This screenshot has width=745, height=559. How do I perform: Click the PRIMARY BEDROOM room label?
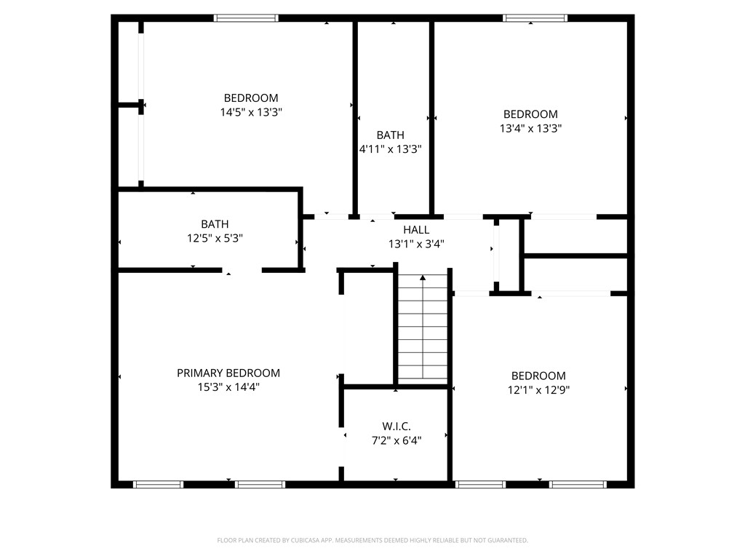tap(228, 373)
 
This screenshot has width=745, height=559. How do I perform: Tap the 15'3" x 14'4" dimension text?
tap(228, 387)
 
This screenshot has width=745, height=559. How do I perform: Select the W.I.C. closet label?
tap(397, 427)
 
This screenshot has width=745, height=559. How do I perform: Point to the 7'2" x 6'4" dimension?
tap(397, 440)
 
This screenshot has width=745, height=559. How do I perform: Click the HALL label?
tap(416, 230)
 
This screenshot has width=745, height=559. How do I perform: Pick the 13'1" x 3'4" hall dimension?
tap(416, 244)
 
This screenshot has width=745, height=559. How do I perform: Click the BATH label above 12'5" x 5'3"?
tap(215, 224)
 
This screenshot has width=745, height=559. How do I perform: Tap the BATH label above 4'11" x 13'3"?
tap(391, 135)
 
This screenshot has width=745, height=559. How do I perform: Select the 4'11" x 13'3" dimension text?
tap(391, 148)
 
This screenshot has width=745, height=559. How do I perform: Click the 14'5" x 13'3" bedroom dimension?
tap(251, 112)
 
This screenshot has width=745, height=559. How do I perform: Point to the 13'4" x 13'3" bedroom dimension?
tap(530, 128)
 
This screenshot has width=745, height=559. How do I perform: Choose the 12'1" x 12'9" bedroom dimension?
tap(539, 390)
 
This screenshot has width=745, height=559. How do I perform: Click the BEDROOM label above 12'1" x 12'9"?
tap(539, 376)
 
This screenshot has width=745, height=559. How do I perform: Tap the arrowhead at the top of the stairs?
tap(423, 277)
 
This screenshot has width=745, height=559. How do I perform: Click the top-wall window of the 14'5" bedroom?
tap(246, 18)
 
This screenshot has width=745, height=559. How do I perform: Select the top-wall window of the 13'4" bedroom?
tap(535, 18)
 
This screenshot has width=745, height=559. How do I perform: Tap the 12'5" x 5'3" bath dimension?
tap(215, 238)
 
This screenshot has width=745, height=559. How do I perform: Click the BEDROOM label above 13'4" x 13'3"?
tap(530, 114)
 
